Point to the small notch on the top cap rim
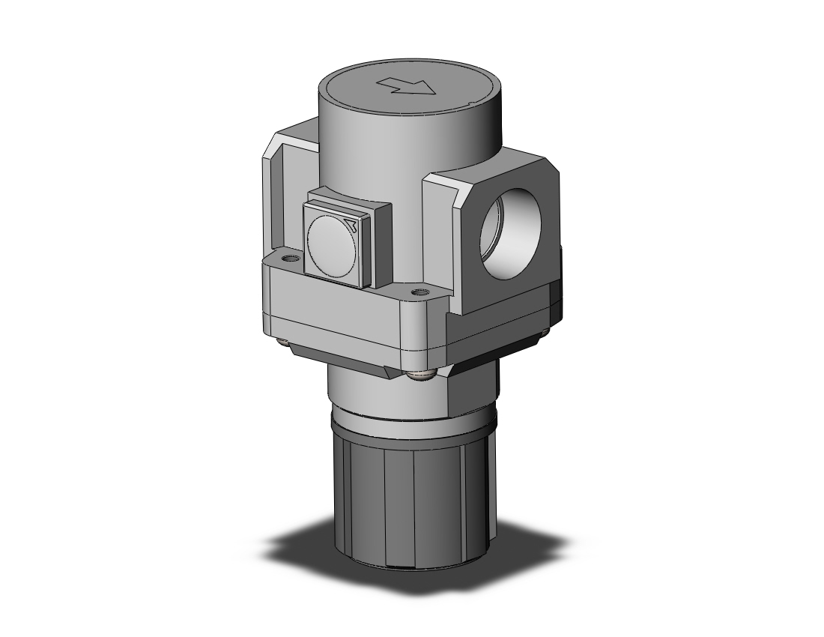(470, 101)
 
